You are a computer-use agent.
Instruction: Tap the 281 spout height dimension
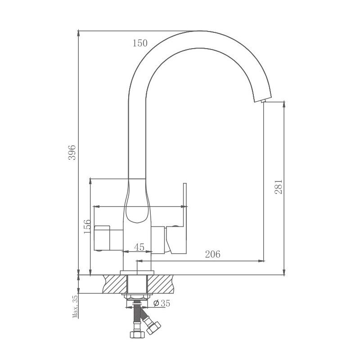(279, 186)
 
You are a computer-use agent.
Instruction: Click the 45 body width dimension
(139, 247)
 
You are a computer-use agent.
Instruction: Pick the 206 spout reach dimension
(212, 254)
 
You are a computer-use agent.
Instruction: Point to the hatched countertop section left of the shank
(115, 283)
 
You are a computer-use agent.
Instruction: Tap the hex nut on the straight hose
(136, 334)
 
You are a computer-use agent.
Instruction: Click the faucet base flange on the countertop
(137, 273)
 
